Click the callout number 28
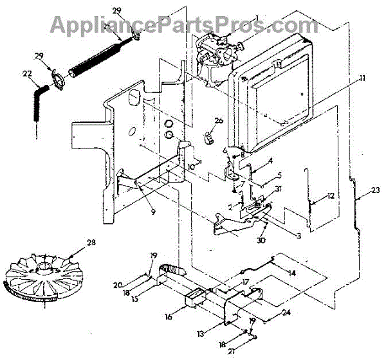point(91,242)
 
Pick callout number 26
point(218,121)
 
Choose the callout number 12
point(329,195)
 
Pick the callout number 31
point(277,189)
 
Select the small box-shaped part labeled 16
point(195,299)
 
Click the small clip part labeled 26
point(208,137)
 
